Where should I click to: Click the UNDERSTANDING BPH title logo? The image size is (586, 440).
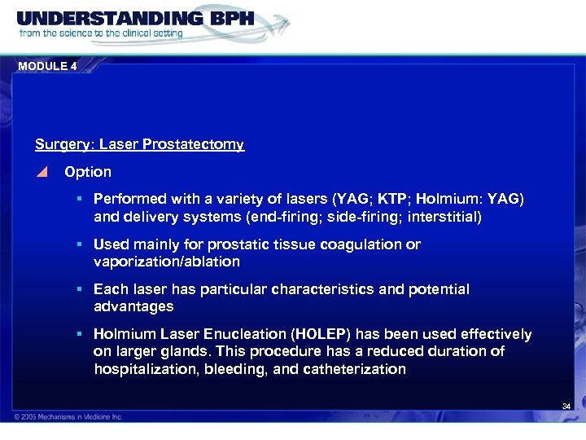coord(134,18)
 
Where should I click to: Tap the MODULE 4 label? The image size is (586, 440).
coord(46,67)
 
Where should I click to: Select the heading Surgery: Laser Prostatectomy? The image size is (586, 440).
coord(139,145)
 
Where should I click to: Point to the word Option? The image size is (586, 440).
coord(88,173)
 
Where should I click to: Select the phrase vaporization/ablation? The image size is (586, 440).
coord(167,262)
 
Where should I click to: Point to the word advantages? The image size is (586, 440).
coord(133,307)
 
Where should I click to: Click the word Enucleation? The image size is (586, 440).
coord(238,334)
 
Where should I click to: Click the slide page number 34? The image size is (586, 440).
coord(566,406)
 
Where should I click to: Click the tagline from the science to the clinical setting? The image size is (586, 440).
coord(102,34)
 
